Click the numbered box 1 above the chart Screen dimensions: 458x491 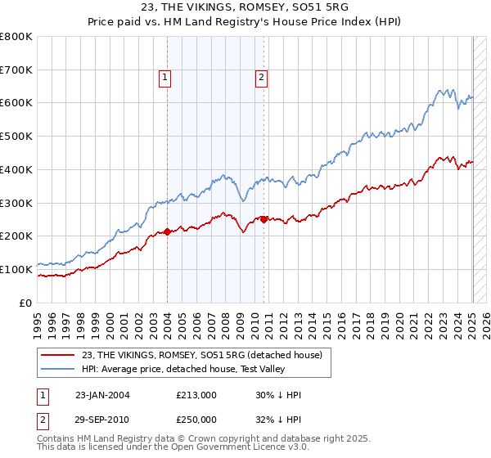(x=165, y=78)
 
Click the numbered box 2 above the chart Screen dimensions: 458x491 (x=262, y=78)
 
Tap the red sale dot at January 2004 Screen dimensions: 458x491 (x=167, y=231)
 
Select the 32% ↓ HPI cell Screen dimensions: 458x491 (x=278, y=419)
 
